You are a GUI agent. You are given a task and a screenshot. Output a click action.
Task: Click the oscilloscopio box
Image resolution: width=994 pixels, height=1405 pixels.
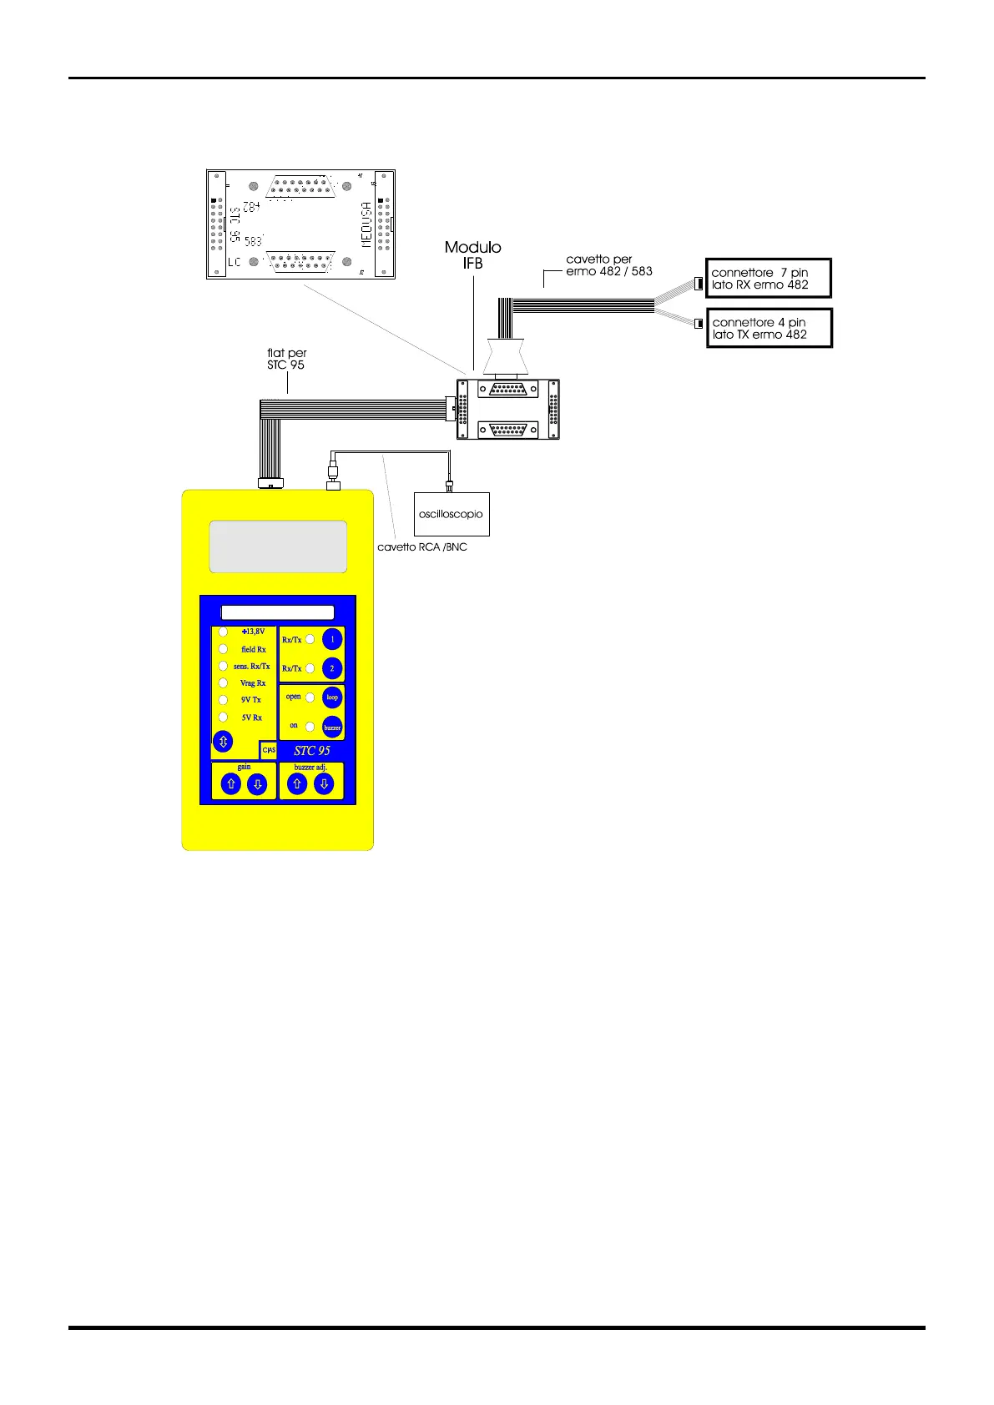452,514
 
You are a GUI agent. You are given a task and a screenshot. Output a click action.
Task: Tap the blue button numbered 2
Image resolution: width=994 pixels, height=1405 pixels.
332,668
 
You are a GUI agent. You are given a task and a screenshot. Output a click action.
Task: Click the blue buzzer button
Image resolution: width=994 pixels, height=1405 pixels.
332,727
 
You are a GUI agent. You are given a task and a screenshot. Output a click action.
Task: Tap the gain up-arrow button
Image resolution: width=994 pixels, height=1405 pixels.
231,784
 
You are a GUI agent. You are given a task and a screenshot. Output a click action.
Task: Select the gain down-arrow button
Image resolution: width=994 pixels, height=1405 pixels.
258,784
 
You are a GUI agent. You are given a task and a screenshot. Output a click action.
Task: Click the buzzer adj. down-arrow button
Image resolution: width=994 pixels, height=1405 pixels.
324,784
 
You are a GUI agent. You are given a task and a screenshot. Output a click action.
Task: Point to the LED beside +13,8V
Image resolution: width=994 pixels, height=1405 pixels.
223,632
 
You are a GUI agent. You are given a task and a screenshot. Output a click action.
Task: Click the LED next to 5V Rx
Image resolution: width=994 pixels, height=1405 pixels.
223,717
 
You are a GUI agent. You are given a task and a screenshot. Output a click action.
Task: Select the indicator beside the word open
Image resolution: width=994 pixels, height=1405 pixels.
310,697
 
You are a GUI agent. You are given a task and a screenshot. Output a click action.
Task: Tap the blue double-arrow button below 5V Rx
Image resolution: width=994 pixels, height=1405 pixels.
223,741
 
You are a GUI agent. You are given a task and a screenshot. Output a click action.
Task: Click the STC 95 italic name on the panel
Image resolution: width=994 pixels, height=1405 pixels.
312,751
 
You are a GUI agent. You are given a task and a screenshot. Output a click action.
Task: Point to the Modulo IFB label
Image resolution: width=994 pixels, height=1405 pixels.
473,255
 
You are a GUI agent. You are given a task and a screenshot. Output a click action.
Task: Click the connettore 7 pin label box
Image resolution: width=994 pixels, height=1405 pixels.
769,279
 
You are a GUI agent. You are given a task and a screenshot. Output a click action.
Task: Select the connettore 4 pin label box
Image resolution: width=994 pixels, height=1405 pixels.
769,329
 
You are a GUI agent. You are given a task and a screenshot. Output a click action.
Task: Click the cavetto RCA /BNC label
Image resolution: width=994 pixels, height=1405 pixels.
422,547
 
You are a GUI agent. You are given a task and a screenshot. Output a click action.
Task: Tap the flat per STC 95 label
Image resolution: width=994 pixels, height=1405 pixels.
286,360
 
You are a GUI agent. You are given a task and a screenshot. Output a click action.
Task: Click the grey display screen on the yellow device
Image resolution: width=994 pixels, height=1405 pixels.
278,546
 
